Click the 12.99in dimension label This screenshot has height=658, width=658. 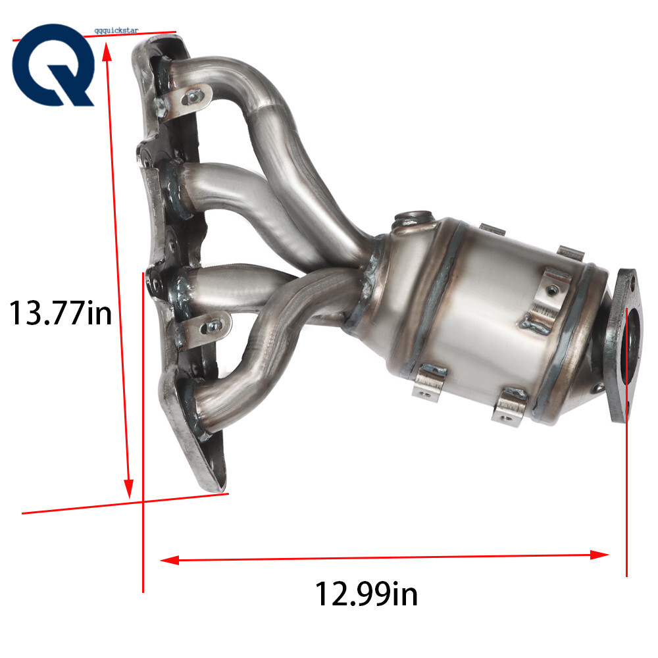366,594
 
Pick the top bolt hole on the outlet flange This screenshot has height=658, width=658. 628,278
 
